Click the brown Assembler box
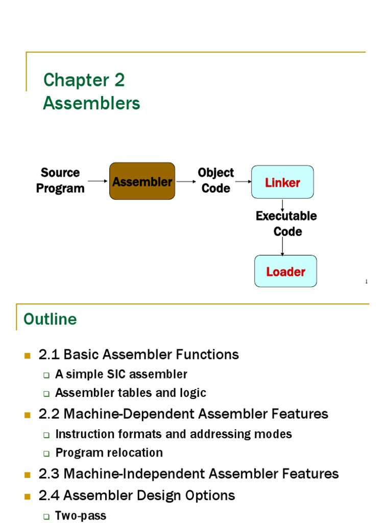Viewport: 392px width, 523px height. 142,181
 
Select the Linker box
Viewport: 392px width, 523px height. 282,182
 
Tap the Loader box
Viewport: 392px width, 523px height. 285,271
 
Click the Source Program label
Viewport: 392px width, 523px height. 60,180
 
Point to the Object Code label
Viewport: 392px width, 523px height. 216,180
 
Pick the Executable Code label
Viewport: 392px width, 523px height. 286,224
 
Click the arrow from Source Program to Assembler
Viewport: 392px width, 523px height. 97,181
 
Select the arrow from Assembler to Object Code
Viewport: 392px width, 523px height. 186,181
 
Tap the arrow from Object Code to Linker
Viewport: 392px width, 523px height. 242,181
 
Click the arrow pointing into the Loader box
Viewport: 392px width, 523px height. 282,247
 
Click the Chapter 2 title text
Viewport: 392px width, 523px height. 84,80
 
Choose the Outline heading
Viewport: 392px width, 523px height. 50,319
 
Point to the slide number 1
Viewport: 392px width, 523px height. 366,282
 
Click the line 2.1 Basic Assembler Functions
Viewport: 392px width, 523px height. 138,354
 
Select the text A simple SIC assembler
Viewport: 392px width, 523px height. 121,374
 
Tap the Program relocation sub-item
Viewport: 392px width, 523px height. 109,453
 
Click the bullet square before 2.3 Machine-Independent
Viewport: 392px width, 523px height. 28,474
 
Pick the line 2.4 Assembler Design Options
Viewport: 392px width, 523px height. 137,495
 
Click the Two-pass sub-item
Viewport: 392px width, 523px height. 81,516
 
